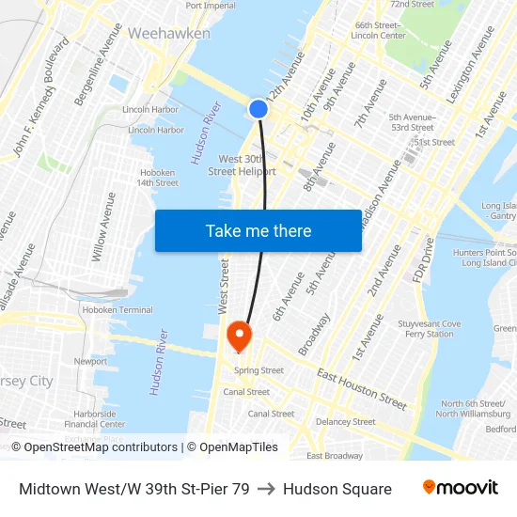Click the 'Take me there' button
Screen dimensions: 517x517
point(258,230)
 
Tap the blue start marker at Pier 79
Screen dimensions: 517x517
point(258,109)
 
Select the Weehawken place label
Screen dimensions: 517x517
point(168,33)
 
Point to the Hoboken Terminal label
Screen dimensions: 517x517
point(117,309)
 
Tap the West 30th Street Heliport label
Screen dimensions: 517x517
point(242,165)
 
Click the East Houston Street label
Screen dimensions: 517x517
point(362,389)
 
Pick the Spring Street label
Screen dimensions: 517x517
point(258,370)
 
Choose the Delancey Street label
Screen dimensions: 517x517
point(346,422)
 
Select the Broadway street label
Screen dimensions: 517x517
point(314,335)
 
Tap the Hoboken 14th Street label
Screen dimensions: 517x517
point(157,178)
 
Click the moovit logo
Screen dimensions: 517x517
point(461,488)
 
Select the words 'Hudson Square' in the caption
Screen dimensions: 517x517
point(337,489)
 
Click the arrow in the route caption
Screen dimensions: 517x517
point(266,489)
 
